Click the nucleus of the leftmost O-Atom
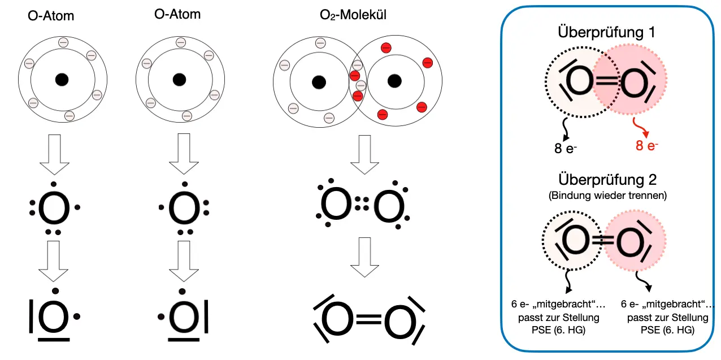(62, 80)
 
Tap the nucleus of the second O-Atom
(179, 79)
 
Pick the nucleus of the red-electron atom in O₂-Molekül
(395, 81)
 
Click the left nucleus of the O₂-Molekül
(319, 83)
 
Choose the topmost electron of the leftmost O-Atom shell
(62, 42)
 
